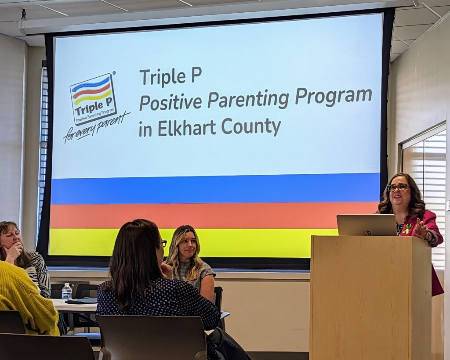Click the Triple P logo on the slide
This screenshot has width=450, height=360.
point(93,99)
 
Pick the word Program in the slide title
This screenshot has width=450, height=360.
point(333,96)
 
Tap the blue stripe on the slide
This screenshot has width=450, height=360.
point(215,188)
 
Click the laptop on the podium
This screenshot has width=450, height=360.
point(367,225)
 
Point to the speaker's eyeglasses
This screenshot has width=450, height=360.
point(398,187)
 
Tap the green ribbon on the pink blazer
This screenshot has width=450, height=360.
point(406,228)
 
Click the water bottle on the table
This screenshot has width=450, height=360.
point(67,292)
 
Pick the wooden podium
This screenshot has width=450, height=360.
point(370,297)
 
